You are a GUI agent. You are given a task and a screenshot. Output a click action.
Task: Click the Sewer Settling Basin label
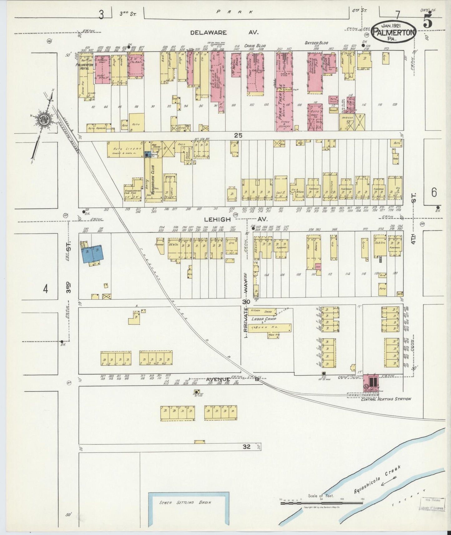185,503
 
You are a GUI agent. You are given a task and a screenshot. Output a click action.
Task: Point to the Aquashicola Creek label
377,479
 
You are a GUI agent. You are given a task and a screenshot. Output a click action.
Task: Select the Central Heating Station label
385,399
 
